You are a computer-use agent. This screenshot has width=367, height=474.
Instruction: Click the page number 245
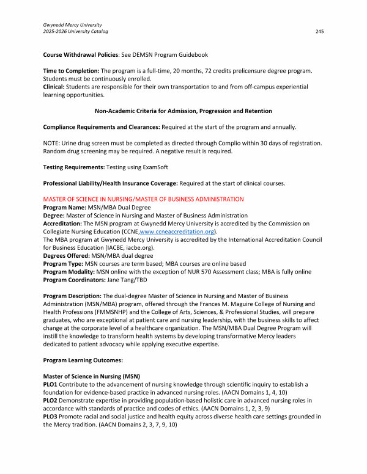319,31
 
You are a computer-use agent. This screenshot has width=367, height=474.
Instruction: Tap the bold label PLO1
51,384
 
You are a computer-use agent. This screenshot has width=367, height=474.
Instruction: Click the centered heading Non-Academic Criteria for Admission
183,111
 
